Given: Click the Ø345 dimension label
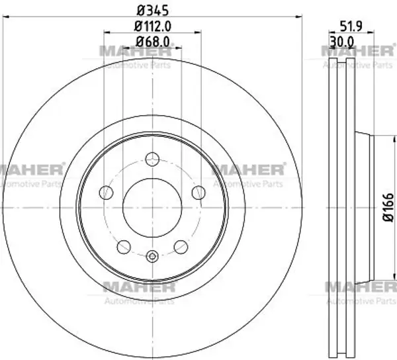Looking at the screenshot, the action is [153, 11].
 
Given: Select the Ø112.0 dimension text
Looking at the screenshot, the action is [153, 26].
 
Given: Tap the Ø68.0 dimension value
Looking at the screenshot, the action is [153, 42].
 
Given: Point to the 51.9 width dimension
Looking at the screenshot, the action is [351, 26].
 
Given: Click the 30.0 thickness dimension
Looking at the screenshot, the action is [342, 42].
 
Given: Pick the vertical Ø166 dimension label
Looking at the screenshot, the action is [388, 208].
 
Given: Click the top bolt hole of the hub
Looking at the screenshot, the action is [152, 159].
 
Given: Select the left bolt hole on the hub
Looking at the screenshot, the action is [106, 193].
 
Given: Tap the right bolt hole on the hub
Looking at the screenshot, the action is [198, 193].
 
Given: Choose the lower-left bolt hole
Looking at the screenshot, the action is [124, 247].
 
